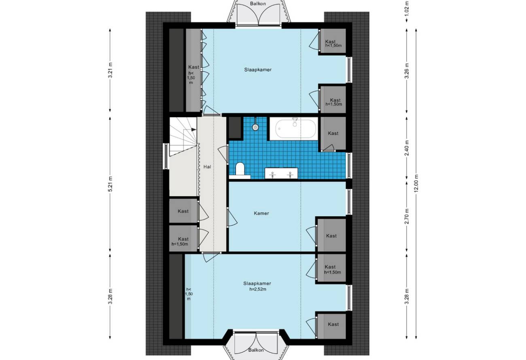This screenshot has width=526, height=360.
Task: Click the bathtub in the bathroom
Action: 293,129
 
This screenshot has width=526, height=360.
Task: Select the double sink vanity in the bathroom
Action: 281,174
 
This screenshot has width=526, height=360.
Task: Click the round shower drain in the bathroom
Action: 255,127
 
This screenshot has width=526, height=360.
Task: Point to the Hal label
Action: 207,167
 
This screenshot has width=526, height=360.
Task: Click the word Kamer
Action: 261,213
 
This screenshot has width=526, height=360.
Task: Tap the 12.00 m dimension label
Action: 416,184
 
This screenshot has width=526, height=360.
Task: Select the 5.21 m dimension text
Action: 110,184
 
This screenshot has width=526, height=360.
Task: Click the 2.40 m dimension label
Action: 407,148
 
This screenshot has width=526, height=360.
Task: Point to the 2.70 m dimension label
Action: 407,216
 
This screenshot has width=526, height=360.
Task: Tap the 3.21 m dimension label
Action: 110,70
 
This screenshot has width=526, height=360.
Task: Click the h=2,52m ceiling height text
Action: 258,289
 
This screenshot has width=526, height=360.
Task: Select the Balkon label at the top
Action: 258,4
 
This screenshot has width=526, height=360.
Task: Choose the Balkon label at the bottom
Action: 256,350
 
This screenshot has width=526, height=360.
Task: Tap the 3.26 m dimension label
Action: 407,71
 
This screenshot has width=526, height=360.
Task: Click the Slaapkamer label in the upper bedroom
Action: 258,70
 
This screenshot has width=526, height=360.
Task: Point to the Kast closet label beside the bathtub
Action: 333,133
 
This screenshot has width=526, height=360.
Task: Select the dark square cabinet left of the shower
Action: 235,127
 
